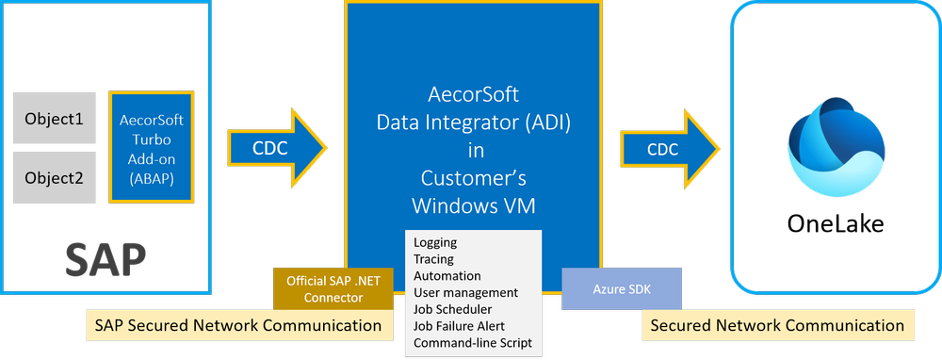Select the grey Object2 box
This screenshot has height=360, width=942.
click(55, 177)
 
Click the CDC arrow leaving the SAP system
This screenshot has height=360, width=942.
click(276, 149)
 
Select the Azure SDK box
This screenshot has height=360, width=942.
click(621, 288)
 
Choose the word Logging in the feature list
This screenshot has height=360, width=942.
click(435, 242)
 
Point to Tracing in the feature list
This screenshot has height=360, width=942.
click(433, 259)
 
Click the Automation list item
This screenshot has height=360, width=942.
click(447, 275)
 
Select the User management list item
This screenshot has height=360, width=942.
click(465, 292)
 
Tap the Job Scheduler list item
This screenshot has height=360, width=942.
click(452, 308)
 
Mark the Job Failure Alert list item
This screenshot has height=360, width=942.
click(456, 325)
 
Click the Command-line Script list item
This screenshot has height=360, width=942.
click(472, 342)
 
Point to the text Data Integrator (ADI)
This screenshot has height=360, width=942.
click(472, 122)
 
